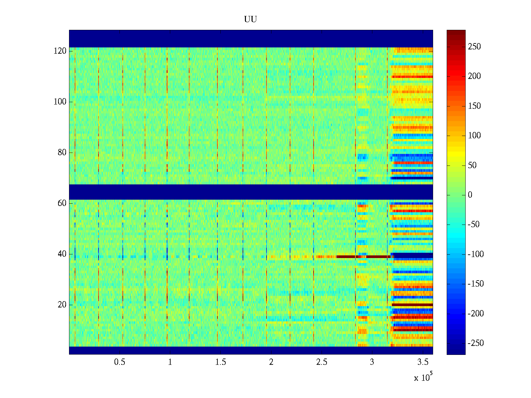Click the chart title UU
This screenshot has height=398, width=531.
251,20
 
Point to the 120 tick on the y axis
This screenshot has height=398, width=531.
60,51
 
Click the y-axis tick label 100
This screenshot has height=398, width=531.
60,102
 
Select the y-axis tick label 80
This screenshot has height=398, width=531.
62,153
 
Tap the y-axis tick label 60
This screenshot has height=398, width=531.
62,203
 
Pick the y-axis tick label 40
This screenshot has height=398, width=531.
62,254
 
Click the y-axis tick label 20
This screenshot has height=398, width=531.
62,305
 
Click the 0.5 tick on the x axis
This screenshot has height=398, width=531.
119,362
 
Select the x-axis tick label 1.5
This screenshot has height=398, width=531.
221,362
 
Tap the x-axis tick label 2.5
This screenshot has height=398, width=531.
322,362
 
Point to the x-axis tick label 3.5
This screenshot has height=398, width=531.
423,362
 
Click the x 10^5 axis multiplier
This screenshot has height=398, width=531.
423,377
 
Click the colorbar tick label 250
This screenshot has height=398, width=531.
474,47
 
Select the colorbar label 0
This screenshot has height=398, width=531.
470,195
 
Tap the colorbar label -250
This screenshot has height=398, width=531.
475,343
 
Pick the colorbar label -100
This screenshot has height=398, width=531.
475,254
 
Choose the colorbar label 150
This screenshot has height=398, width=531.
474,106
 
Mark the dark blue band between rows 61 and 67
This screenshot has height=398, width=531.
251,192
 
